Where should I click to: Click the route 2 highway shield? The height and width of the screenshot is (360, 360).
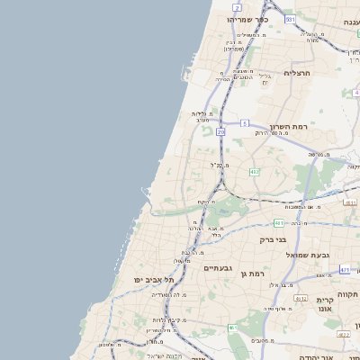[237, 7]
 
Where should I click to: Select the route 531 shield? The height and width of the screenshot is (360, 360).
[290, 19]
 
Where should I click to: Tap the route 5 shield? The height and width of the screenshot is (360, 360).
[244, 122]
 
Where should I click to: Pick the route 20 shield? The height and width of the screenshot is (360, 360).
[220, 131]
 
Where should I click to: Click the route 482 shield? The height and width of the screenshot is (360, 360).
[255, 171]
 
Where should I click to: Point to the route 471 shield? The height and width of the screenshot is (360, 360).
[346, 269]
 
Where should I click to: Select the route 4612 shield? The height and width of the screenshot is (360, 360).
[301, 298]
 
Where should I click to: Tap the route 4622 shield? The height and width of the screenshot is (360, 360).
[343, 334]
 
